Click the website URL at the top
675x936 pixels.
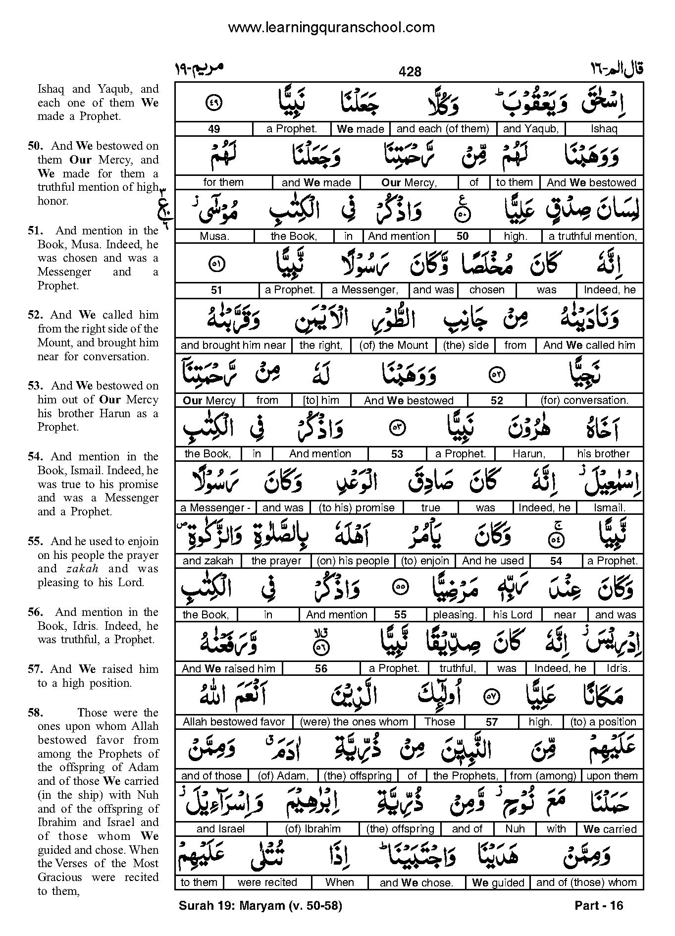coord(331,28)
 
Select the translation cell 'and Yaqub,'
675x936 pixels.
coord(531,129)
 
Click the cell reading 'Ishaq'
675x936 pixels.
coord(604,129)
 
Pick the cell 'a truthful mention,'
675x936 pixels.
coord(592,236)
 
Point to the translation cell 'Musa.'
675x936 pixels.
coord(214,236)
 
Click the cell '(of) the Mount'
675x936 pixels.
coord(394,345)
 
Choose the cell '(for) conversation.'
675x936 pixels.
coord(584,400)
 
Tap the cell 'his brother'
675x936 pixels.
coord(603,453)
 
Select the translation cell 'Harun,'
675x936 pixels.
coord(529,453)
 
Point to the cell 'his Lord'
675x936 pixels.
coord(513,615)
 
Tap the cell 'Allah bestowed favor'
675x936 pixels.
coord(234,722)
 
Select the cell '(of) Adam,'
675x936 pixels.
coord(283,776)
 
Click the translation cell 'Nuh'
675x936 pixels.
coord(515,829)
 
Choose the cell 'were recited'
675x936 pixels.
coord(267,882)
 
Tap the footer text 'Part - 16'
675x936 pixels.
coord(599,906)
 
